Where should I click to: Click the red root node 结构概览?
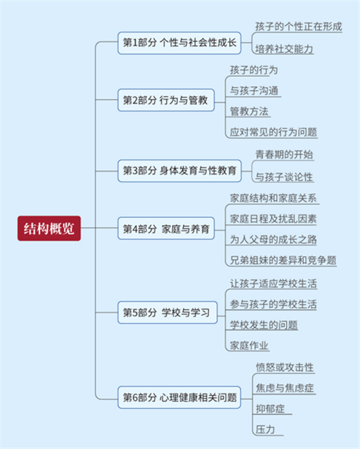coord(49,228)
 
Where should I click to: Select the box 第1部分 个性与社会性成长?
coord(179,43)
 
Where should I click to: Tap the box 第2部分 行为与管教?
coord(166,100)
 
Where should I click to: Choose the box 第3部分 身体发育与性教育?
coord(179,171)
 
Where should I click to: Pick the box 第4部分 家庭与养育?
coord(166,228)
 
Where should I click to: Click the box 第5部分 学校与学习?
coord(168,313)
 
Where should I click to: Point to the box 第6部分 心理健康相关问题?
coord(179,397)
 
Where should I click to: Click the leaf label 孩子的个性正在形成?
coord(298,26)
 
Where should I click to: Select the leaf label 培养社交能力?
coord(284,49)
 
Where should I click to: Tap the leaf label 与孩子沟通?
coord(254,91)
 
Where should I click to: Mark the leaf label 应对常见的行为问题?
coord(273,132)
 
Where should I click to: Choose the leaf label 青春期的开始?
coord(284,155)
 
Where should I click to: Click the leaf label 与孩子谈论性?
coord(284,177)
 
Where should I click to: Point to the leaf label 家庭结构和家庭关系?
coord(273,198)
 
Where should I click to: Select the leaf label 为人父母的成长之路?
coord(273,239)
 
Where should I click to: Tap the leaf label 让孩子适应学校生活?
coord(273,284)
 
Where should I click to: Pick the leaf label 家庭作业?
coord(249,346)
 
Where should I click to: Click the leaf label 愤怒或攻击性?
coord(285,367)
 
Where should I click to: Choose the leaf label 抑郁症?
coord(270,409)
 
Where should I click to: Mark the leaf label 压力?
coord(265,430)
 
